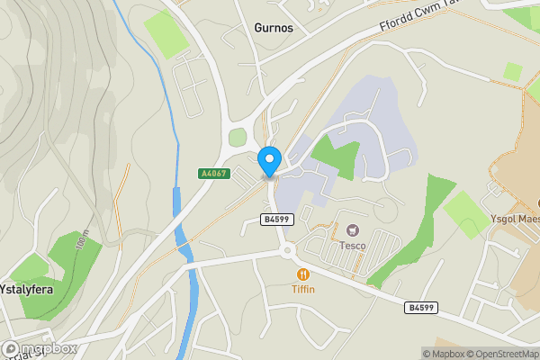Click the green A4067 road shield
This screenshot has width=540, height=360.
coord(215,174)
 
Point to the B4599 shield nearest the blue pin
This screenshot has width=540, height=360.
coord(277,220)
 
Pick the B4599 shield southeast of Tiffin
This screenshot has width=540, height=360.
coord(421,308)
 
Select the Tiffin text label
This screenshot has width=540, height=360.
coord(303,289)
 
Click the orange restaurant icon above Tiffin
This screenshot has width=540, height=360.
coord(303,273)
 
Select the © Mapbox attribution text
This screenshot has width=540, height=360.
coord(445,354)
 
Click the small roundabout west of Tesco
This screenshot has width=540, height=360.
coord(287,251)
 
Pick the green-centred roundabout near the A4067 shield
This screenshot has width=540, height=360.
coord(238,138)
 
